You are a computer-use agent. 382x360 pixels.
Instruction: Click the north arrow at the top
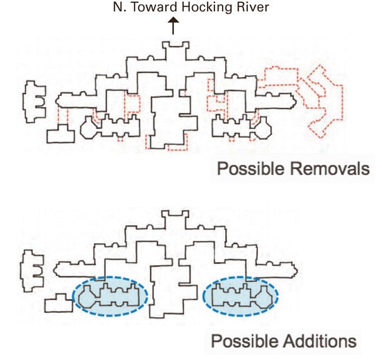(173, 26)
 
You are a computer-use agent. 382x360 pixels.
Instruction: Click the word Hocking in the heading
(186, 8)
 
